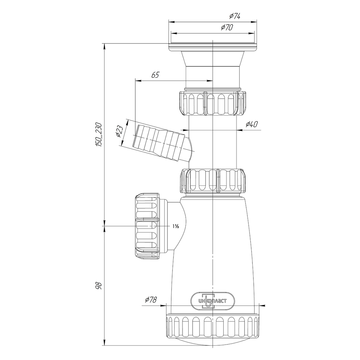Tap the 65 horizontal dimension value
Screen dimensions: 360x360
tap(155, 75)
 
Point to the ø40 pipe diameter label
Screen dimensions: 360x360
tap(251, 125)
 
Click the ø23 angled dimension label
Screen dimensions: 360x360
tap(120, 132)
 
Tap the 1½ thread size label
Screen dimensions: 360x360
tap(176, 226)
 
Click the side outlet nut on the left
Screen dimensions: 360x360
tap(148, 226)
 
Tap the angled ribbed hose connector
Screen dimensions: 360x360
tap(158, 142)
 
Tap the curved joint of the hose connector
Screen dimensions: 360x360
tap(190, 149)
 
